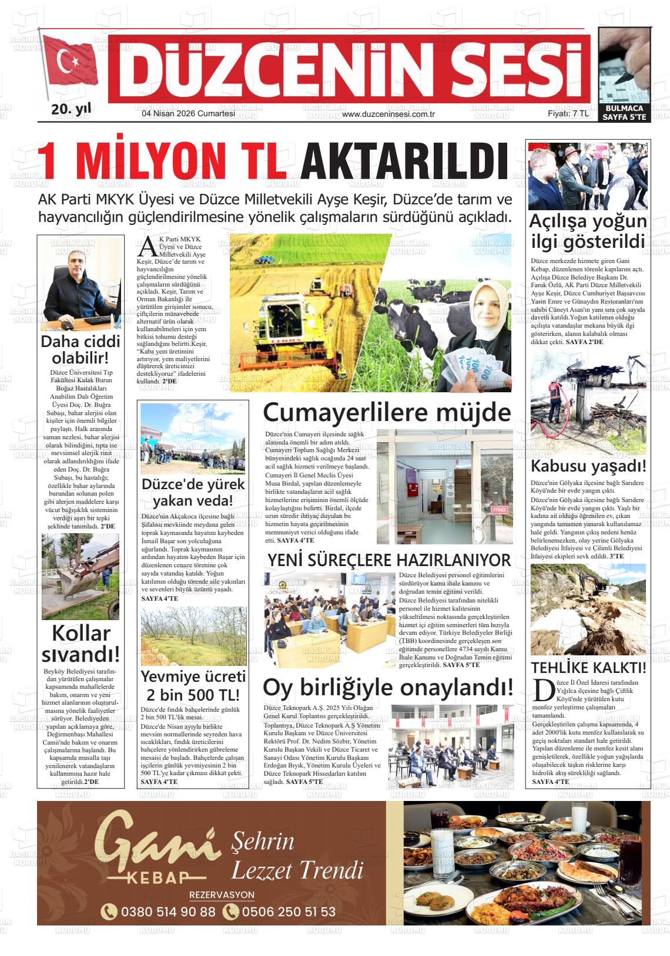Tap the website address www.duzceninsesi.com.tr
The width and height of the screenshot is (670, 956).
coord(388,114)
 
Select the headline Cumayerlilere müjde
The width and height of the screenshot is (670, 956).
coord(387,412)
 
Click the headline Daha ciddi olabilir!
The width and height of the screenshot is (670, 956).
coord(80,349)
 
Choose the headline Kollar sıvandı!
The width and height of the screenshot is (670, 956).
coord(80,643)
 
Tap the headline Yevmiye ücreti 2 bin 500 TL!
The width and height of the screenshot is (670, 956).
coord(193,685)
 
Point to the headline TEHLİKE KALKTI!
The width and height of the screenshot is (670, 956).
coord(588,668)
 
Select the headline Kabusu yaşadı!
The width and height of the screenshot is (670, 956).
coord(588,466)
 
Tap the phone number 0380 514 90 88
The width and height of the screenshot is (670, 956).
coord(159,912)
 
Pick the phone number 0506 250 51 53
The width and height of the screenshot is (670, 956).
coord(279,912)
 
